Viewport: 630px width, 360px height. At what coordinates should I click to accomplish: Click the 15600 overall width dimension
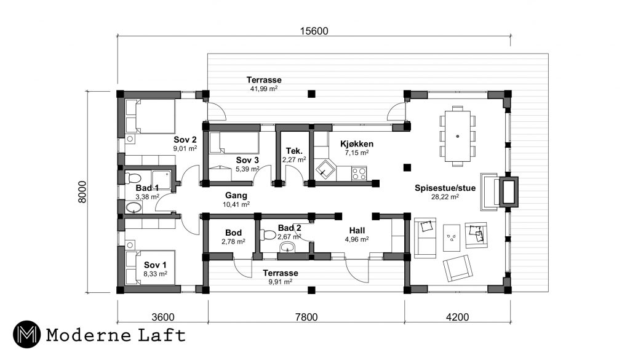[x=314, y=31]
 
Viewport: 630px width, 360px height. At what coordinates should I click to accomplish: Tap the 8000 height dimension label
[x=82, y=192]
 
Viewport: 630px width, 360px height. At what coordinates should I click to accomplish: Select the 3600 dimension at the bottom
[x=162, y=317]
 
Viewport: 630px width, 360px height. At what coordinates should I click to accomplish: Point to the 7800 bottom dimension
[x=306, y=317]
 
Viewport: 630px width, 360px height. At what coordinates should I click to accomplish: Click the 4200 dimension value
[x=457, y=317]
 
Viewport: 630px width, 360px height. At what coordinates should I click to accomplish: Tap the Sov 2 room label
[x=185, y=140]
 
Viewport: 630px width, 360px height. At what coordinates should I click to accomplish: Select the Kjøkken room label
[x=357, y=144]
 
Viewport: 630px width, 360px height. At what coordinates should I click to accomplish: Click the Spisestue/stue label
[x=445, y=188]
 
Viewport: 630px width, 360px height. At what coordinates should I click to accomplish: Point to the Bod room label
[x=233, y=233]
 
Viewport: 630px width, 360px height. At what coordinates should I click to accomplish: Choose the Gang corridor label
[x=236, y=196]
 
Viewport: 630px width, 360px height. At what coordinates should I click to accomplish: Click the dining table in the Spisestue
[x=457, y=136]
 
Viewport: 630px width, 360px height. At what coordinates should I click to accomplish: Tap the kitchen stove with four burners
[x=359, y=174]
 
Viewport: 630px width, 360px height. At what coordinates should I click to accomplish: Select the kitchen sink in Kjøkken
[x=324, y=170]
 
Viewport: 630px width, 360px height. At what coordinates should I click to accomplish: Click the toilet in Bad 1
[x=133, y=178]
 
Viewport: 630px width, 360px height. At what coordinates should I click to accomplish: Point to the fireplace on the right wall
[x=508, y=192]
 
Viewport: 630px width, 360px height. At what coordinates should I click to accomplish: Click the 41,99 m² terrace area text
[x=263, y=89]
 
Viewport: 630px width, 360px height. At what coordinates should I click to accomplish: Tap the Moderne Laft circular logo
[x=26, y=334]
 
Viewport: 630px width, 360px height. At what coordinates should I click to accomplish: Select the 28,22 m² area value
[x=445, y=197]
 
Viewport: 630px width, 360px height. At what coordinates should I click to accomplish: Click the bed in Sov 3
[x=234, y=143]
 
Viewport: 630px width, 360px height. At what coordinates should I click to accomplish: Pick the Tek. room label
[x=294, y=151]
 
